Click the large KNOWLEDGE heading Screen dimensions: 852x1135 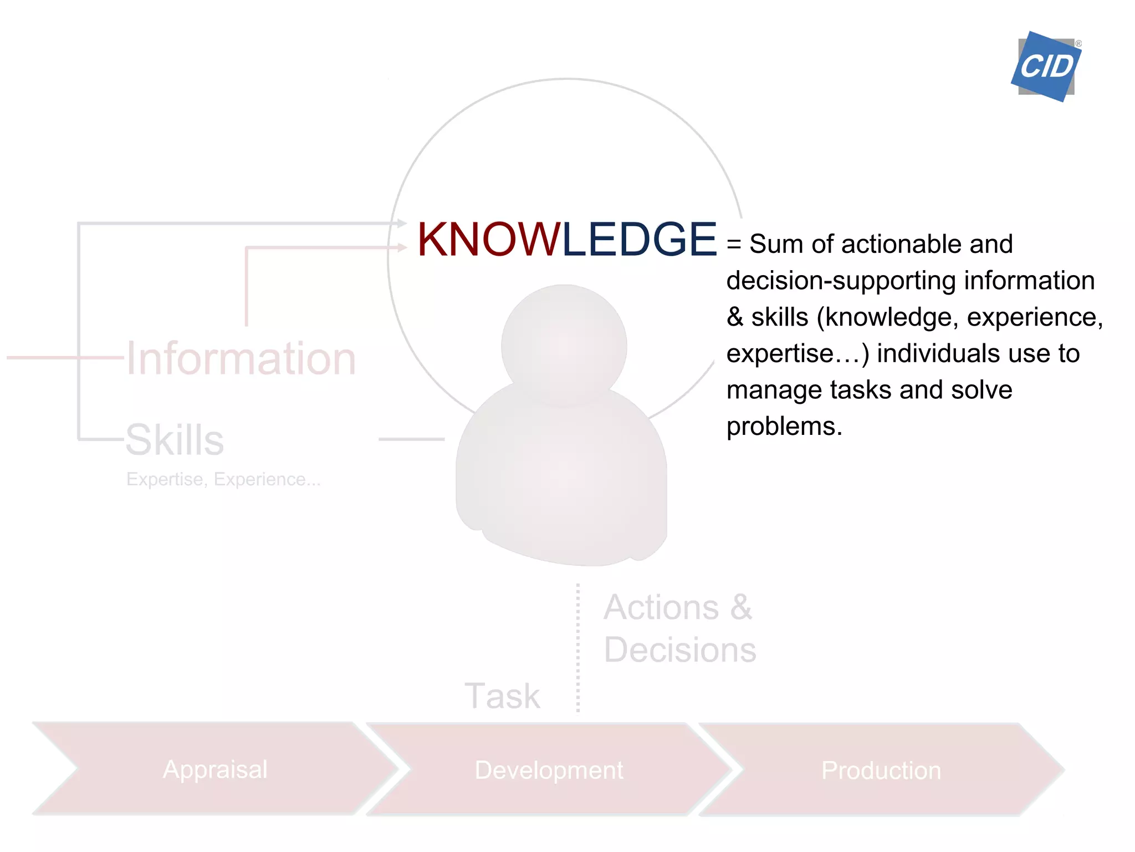(566, 240)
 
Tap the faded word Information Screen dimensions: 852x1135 (241, 359)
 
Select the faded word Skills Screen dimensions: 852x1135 (175, 440)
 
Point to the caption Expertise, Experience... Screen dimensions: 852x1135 (223, 479)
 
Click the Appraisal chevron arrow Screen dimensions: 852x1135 (215, 769)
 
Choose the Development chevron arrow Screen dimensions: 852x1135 (549, 770)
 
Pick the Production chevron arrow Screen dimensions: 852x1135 (881, 770)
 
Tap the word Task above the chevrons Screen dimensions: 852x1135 (502, 696)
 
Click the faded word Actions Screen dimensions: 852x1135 (661, 607)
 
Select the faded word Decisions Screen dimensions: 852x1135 (680, 650)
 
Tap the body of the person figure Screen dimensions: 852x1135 (561, 477)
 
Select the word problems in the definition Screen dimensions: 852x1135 (784, 427)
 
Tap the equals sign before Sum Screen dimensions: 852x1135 (734, 245)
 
